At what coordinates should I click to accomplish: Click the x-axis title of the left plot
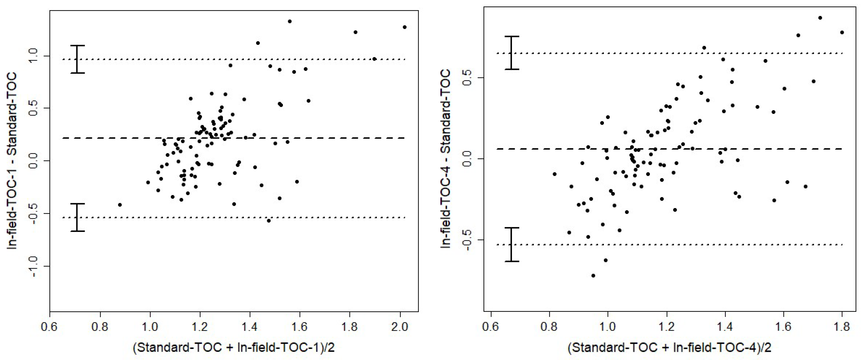coord(234,347)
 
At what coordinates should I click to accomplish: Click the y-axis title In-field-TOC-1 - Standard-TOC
coord(13,161)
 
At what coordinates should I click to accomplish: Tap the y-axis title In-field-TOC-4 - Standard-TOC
coord(446,159)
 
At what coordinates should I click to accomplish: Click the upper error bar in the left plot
coord(80,59)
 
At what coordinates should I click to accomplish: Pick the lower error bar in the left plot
coord(80,217)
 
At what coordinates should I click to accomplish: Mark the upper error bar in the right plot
coord(512,53)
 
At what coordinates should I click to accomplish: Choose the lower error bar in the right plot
coord(512,244)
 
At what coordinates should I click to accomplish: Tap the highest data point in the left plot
coord(290,22)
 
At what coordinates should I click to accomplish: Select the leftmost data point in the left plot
coord(120,205)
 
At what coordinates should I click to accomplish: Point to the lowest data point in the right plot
coord(593,276)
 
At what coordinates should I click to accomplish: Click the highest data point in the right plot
coord(820,18)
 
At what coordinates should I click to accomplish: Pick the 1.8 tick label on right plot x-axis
coord(842,326)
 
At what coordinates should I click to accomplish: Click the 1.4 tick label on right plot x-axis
coord(725,326)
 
